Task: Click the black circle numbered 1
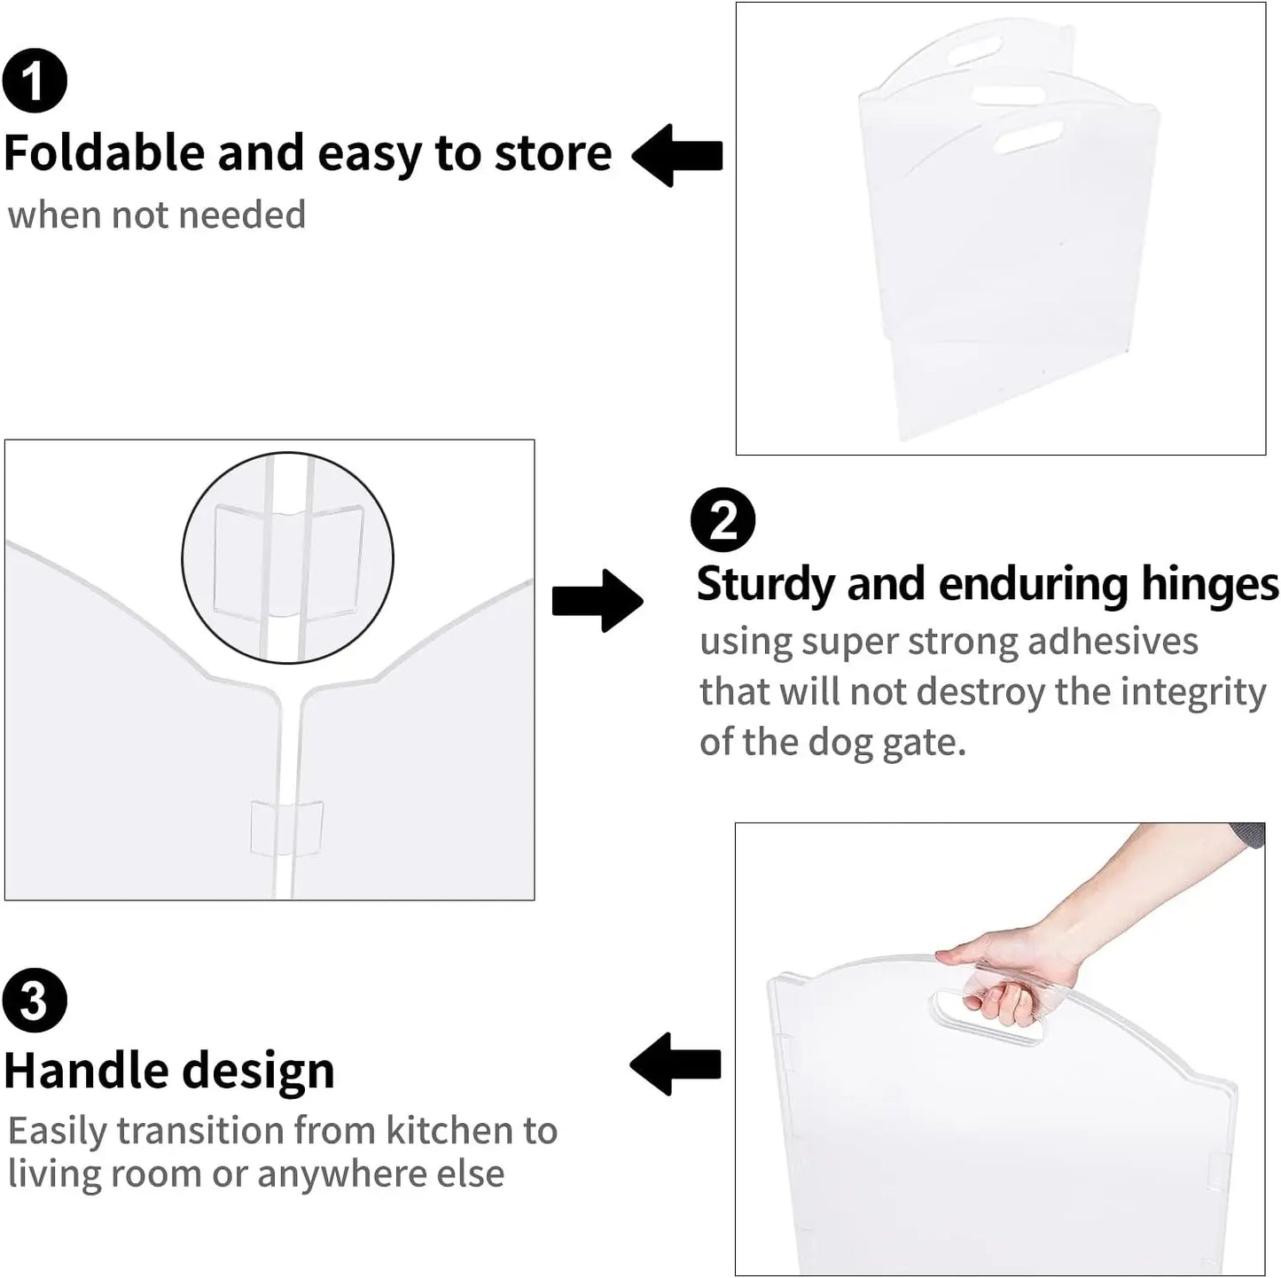[x=35, y=81]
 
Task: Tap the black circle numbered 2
[x=723, y=520]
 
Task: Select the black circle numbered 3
[x=35, y=1001]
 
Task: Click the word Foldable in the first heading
[x=105, y=153]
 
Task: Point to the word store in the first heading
[x=552, y=153]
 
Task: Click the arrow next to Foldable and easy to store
[x=678, y=155]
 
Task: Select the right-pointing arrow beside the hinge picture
[x=597, y=601]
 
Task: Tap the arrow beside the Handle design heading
[x=676, y=1064]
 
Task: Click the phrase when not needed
[x=157, y=215]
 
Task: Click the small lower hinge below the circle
[x=286, y=829]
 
